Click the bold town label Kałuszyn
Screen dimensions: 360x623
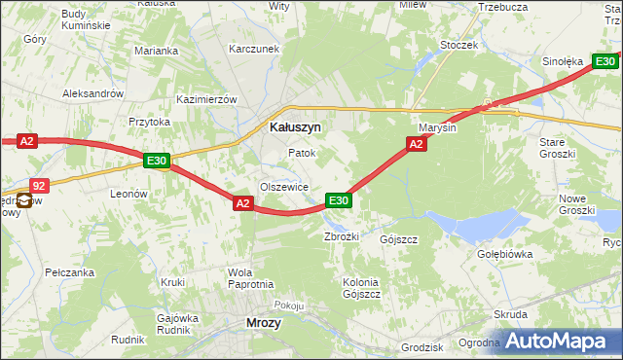pyautogui.click(x=295, y=126)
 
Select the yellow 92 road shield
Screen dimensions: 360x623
pyautogui.click(x=38, y=184)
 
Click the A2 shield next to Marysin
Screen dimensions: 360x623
pyautogui.click(x=416, y=144)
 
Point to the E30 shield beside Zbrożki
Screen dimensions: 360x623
pyautogui.click(x=338, y=200)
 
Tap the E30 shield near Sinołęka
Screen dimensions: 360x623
pyautogui.click(x=605, y=61)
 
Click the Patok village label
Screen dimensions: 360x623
pyautogui.click(x=302, y=154)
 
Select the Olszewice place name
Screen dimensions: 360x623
pyautogui.click(x=283, y=187)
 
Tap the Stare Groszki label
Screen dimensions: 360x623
pyautogui.click(x=559, y=148)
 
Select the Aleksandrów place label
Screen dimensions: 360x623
pyautogui.click(x=92, y=93)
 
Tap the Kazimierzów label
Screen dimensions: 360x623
pyautogui.click(x=207, y=100)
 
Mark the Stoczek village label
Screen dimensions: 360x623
pyautogui.click(x=458, y=45)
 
